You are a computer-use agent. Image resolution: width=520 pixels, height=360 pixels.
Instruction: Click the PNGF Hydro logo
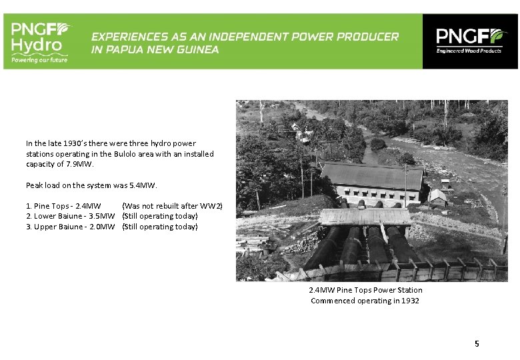pyautogui.click(x=40, y=41)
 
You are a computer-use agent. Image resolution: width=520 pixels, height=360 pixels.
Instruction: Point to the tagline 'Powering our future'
pyautogui.click(x=39, y=59)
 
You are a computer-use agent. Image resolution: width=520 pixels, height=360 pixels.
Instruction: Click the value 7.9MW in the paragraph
pyautogui.click(x=82, y=164)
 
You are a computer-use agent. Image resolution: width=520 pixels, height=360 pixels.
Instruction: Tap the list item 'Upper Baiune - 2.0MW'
pyautogui.click(x=70, y=227)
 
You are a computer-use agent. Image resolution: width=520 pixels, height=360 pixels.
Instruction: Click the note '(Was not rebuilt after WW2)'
pyautogui.click(x=172, y=206)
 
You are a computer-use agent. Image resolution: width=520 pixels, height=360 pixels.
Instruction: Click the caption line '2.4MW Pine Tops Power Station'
pyautogui.click(x=365, y=290)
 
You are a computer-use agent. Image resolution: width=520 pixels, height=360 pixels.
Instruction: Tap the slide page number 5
pyautogui.click(x=477, y=343)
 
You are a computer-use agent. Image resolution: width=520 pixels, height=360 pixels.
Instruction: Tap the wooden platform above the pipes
pyautogui.click(x=365, y=217)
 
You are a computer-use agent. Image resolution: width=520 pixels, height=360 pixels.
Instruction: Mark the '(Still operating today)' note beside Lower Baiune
pyautogui.click(x=160, y=216)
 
